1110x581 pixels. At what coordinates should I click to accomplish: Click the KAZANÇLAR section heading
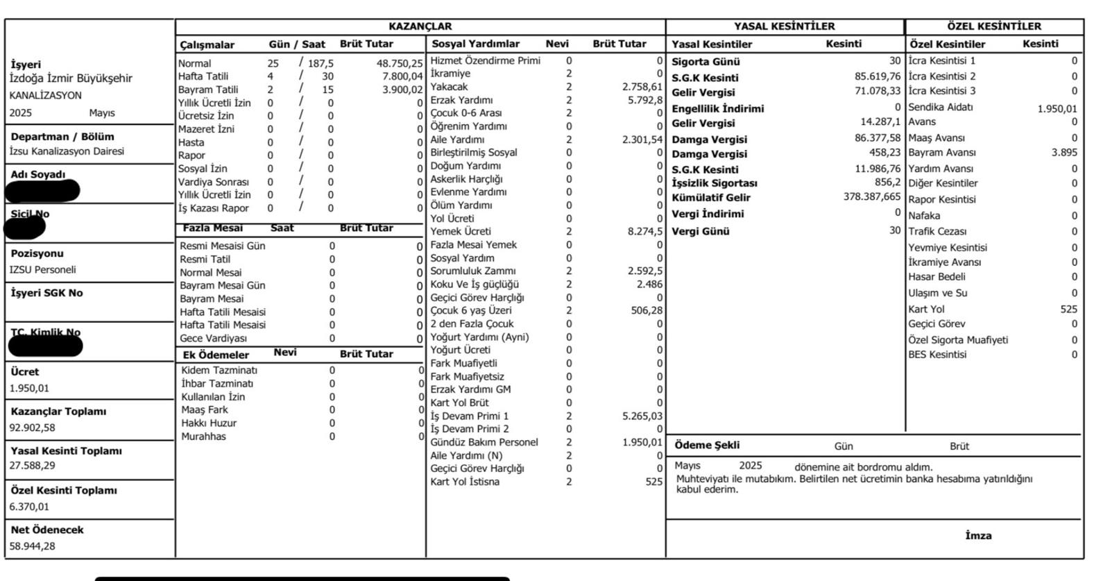[x=420, y=26]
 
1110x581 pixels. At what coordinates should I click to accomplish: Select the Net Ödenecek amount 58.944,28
[x=32, y=546]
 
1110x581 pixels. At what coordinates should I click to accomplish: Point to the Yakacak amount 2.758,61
[x=642, y=87]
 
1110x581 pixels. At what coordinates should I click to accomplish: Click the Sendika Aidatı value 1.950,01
[x=1057, y=109]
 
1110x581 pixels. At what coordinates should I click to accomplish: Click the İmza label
[x=978, y=536]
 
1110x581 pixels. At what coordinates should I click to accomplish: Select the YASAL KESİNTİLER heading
[x=784, y=26]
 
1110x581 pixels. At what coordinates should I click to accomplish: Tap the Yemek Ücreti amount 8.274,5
[x=644, y=232]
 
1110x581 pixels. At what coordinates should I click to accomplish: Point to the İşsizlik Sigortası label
[x=714, y=183]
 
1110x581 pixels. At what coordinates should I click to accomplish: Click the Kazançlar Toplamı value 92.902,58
[x=32, y=428]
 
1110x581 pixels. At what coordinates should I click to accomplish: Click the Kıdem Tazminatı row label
[x=219, y=371]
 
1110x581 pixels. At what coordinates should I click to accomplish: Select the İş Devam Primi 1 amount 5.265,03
[x=642, y=416]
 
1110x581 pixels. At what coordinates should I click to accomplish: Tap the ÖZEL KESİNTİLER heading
[x=993, y=26]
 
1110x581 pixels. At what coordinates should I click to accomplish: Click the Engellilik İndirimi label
[x=717, y=109]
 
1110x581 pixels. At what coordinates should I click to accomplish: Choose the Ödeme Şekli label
[x=707, y=446]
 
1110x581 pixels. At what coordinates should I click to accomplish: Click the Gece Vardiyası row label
[x=213, y=339]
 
